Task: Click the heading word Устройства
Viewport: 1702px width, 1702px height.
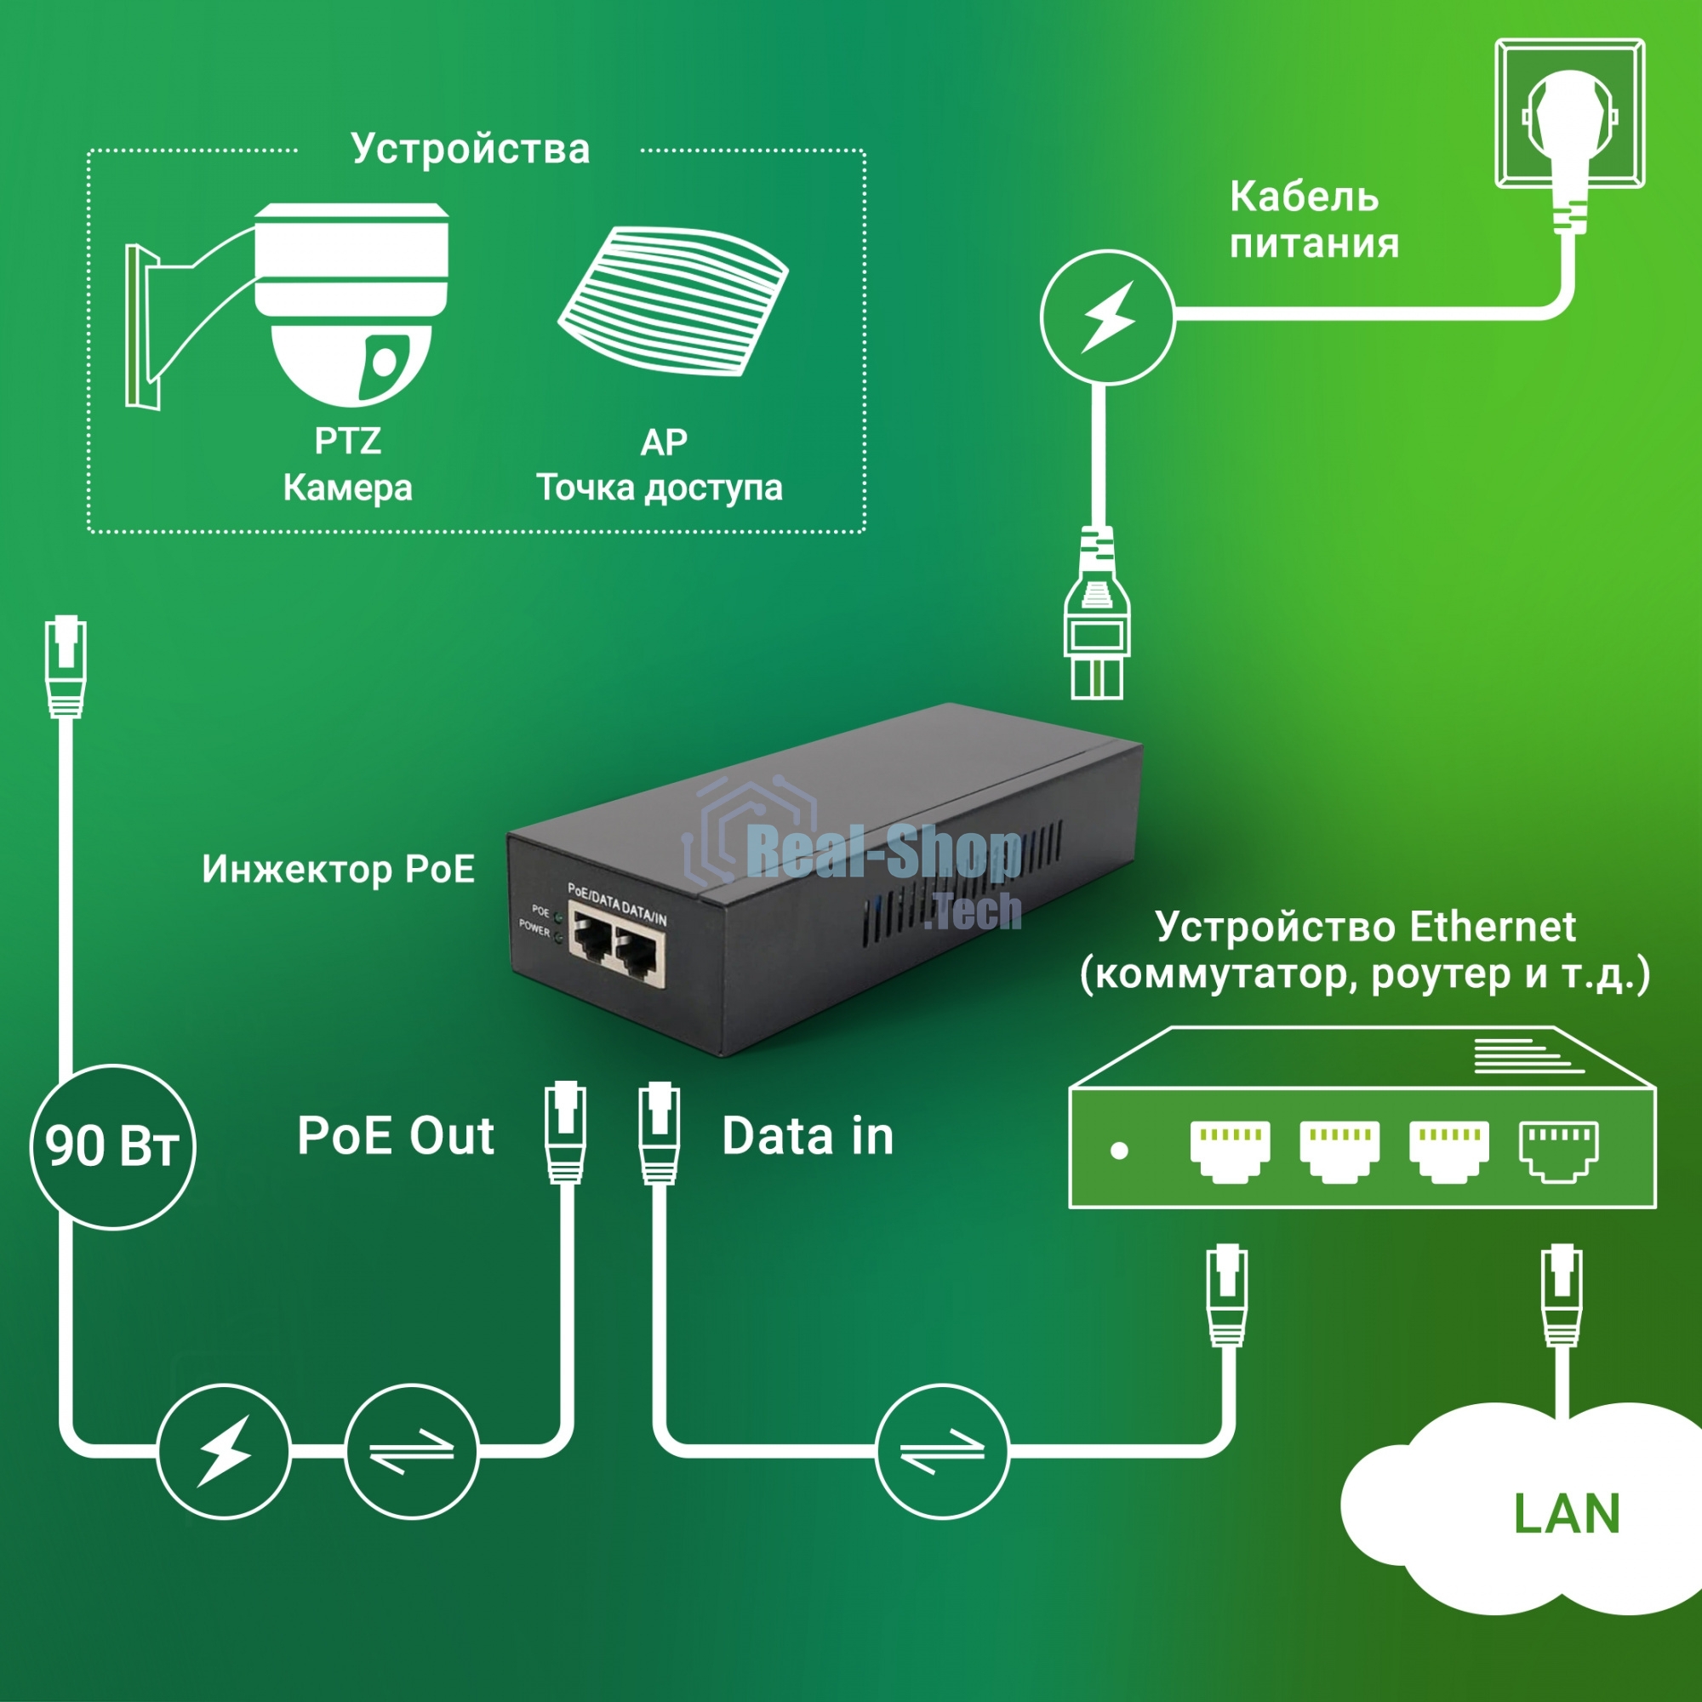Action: click(x=471, y=149)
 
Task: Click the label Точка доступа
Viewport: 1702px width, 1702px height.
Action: click(x=659, y=487)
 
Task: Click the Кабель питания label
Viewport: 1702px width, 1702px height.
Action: click(x=1312, y=220)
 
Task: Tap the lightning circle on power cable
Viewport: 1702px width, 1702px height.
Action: click(x=1107, y=317)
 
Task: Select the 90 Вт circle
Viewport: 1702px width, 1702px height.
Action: click(x=113, y=1147)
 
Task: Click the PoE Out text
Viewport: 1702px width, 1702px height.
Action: click(x=396, y=1135)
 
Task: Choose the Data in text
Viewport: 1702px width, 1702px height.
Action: click(x=808, y=1136)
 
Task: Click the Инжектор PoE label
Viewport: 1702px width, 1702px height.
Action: click(x=339, y=870)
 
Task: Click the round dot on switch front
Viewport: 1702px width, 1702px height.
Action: click(x=1120, y=1151)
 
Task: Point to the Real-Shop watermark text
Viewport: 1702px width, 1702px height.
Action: click(x=881, y=853)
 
